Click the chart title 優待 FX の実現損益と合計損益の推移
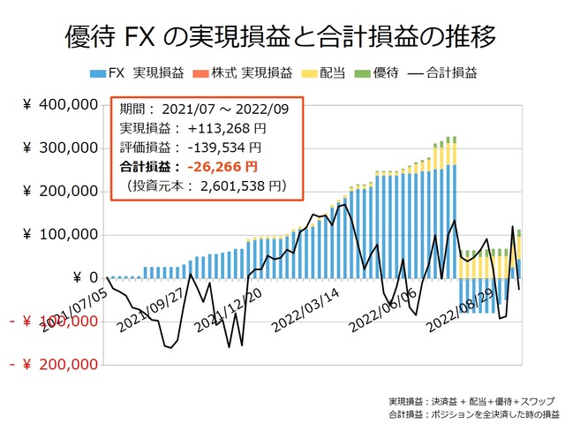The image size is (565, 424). coord(281,37)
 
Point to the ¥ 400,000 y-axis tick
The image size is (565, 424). coord(59,105)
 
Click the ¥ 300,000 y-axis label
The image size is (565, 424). coord(59,148)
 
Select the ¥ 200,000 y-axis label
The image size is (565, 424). coord(59,192)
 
